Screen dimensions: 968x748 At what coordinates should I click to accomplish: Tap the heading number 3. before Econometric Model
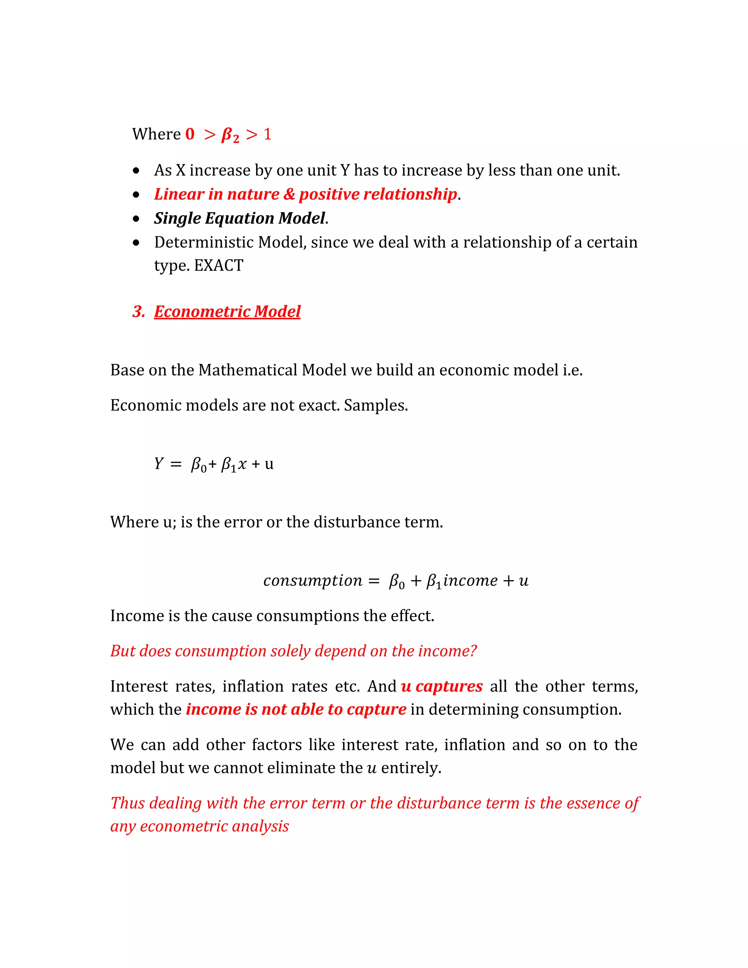(139, 312)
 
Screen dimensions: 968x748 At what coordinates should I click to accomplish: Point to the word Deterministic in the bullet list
(204, 243)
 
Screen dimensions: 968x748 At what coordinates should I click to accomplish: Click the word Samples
(376, 405)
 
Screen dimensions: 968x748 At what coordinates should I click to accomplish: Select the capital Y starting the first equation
(159, 464)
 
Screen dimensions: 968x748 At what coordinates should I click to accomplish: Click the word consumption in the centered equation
(312, 581)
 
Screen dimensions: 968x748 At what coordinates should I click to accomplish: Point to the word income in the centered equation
(470, 581)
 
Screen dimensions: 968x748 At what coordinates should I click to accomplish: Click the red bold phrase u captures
(441, 686)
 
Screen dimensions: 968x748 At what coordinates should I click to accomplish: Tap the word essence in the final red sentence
(587, 803)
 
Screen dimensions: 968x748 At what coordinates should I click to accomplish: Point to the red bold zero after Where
(190, 134)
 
